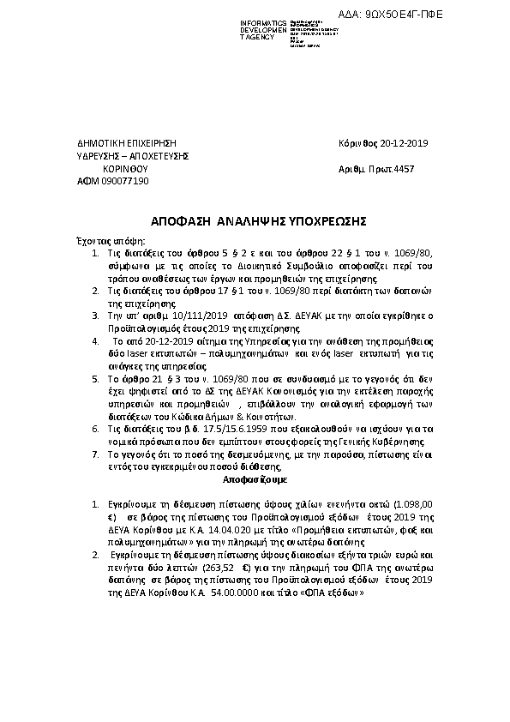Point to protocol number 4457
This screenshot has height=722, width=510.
coord(403,169)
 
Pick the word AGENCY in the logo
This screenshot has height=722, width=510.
coord(260,39)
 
